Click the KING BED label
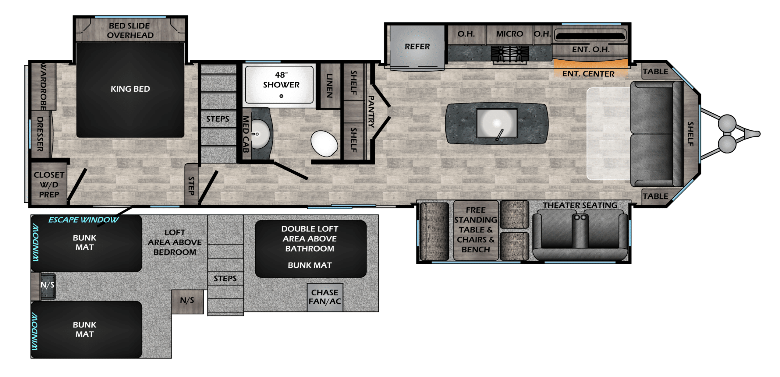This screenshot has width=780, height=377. point(130,89)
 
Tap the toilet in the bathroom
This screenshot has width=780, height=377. point(324,143)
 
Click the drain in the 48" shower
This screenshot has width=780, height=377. point(281,96)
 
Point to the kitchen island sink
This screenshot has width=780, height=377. point(497,123)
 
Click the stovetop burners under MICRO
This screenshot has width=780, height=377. point(509,54)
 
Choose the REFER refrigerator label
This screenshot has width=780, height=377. point(417,47)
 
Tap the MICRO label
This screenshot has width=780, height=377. point(509,34)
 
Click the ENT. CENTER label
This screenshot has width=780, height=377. point(588,74)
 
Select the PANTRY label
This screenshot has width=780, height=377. point(371,111)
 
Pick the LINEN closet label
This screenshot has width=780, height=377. point(329,86)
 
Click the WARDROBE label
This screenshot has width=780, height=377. point(44,87)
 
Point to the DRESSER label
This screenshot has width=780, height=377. point(40,134)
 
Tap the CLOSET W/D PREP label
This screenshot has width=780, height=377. point(49,185)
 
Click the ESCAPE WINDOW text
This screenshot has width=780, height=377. point(83,220)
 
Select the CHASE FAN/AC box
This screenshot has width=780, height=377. point(325,297)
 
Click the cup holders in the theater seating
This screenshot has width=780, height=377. point(580,217)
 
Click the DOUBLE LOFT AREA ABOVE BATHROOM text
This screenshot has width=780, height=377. point(310,239)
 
